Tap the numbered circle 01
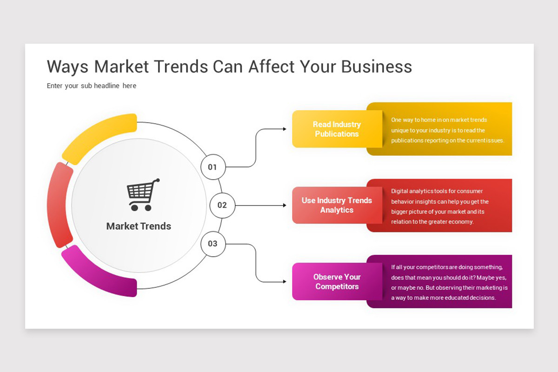coord(213,167)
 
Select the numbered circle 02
coord(222,205)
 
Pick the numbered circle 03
coord(213,243)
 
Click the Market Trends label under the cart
coord(139,226)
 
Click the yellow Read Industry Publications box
coord(337,129)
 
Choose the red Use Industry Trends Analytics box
coord(337,205)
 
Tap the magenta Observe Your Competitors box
coord(337,281)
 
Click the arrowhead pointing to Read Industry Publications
coord(285,129)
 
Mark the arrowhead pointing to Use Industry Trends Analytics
coord(285,205)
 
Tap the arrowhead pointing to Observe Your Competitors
coord(285,282)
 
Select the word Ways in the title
coord(68,66)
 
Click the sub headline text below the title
coord(92,86)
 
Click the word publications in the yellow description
coord(406,140)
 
